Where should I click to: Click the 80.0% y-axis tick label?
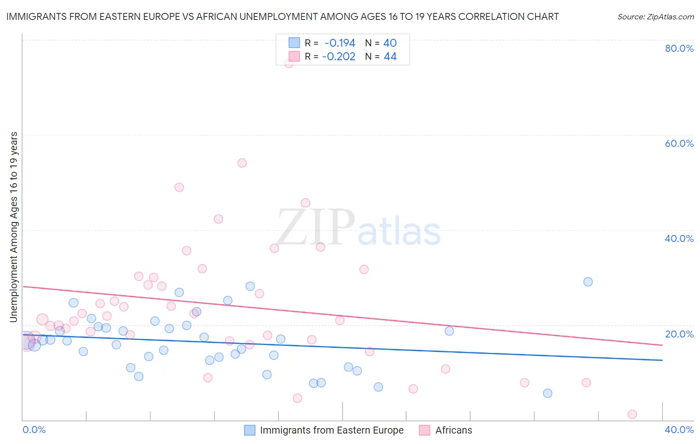[x=679, y=48]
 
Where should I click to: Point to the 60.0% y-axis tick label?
[x=679, y=143]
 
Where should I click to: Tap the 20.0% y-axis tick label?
[x=679, y=334]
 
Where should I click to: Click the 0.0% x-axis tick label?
[x=34, y=430]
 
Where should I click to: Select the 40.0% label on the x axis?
[x=679, y=430]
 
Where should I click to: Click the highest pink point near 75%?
[x=289, y=63]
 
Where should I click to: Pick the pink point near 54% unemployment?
[x=242, y=163]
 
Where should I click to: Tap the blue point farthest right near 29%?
[x=588, y=282]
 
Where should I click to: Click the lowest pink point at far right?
[x=632, y=414]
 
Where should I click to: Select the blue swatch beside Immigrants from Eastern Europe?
[x=250, y=430]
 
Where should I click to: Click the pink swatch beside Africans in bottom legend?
[x=425, y=430]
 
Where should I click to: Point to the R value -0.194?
[x=340, y=43]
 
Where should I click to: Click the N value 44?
[x=390, y=57]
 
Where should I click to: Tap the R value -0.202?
[x=339, y=57]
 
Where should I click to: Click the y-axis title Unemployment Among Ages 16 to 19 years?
[x=13, y=227]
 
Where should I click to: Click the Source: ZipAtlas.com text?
[x=655, y=17]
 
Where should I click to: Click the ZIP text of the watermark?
[x=315, y=228]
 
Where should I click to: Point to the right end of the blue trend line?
[x=662, y=360]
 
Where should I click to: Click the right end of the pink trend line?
[x=662, y=345]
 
